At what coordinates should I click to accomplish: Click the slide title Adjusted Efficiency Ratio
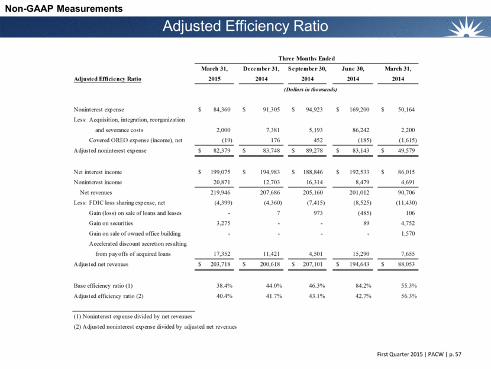pos(245,27)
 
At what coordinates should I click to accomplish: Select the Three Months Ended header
pos(306,58)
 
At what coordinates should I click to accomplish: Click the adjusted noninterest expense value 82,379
pos(219,151)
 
